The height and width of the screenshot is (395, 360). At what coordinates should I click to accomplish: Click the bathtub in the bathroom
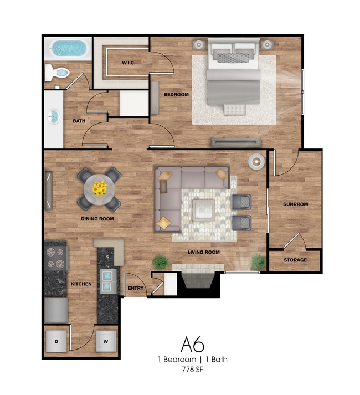tap(68, 49)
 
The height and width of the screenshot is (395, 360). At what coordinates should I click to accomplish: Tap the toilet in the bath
tap(57, 73)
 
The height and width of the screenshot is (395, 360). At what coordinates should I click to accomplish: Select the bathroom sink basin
tap(54, 116)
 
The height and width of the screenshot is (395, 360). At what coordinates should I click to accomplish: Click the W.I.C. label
tap(128, 63)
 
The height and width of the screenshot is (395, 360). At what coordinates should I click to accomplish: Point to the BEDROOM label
tap(176, 95)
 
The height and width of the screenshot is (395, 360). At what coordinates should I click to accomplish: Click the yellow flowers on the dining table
tap(100, 188)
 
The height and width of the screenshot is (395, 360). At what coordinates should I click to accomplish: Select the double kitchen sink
tap(109, 281)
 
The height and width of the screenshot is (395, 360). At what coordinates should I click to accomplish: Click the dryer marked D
tap(56, 341)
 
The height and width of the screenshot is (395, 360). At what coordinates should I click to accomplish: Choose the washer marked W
tap(106, 341)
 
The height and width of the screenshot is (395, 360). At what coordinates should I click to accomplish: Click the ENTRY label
tap(136, 288)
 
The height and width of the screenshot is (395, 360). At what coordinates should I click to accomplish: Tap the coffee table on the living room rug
tap(204, 211)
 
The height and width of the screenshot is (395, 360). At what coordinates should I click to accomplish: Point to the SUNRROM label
tap(296, 204)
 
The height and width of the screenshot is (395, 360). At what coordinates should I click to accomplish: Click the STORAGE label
tap(295, 260)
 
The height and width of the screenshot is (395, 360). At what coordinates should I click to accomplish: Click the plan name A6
tap(193, 345)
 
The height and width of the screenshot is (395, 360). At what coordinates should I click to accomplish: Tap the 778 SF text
tap(193, 370)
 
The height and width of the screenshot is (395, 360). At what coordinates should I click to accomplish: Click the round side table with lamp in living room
tap(256, 161)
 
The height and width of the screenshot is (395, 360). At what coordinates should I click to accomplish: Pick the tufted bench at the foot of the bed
tap(234, 110)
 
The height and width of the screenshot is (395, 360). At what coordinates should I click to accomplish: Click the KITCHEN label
tap(81, 284)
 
